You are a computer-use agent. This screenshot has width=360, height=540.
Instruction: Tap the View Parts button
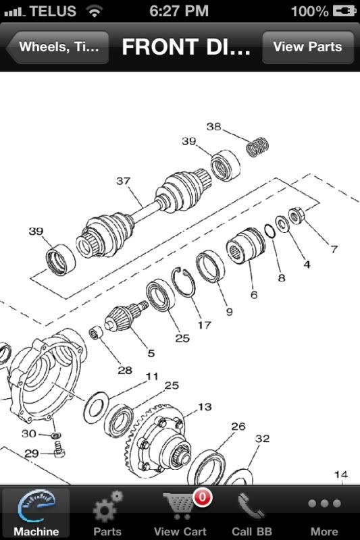point(307,47)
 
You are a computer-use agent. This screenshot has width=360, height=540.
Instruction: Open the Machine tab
point(36,513)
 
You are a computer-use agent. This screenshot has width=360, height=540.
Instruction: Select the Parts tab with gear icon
point(107,513)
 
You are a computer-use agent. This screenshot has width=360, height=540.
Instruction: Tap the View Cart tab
point(180,513)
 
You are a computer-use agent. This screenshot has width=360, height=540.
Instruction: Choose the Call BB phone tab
point(251,513)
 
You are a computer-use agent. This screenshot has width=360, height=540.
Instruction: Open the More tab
point(324,513)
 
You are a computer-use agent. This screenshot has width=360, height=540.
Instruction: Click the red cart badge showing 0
point(202,498)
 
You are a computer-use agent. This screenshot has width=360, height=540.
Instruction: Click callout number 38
point(213,126)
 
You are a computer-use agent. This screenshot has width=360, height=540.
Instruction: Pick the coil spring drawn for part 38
point(255,146)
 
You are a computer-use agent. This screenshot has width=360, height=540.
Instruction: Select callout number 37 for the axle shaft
point(123,181)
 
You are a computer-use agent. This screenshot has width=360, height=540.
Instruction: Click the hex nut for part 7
point(296,217)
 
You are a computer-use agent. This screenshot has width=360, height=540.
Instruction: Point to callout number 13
point(204,406)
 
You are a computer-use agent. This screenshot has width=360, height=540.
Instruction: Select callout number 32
point(261,438)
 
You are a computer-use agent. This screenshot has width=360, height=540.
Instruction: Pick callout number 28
point(124,370)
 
